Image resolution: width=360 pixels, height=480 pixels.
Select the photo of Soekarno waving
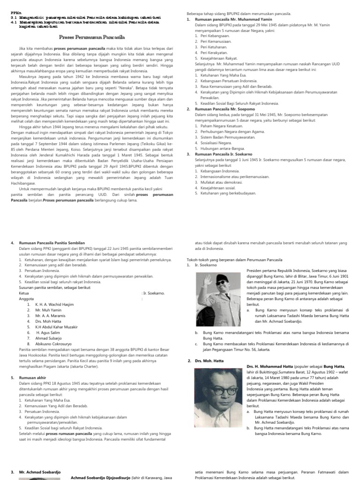click(x=219, y=294)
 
